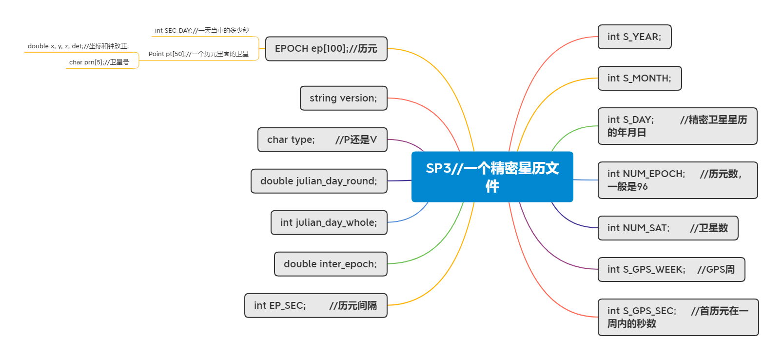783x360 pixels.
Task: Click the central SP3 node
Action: (x=492, y=177)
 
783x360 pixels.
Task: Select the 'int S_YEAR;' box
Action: (x=634, y=37)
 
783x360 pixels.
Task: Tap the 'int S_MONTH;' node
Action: (x=639, y=79)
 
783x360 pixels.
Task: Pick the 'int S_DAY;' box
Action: (x=677, y=126)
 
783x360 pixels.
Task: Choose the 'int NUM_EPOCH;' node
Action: (x=677, y=180)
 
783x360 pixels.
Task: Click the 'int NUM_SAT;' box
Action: (x=667, y=228)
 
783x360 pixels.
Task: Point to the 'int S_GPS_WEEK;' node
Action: (x=671, y=269)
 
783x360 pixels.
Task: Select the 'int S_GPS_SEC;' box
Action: (x=678, y=317)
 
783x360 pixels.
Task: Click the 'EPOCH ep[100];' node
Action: (x=326, y=49)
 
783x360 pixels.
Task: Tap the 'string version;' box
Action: (x=343, y=98)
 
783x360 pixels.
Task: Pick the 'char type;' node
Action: (x=322, y=140)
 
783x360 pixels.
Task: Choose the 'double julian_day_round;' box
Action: (x=319, y=181)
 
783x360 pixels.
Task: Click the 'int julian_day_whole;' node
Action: (x=329, y=222)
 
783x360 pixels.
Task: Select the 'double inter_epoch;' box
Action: (x=330, y=264)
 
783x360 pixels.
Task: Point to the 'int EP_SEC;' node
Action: (x=315, y=305)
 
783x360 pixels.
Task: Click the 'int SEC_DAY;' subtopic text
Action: (x=202, y=31)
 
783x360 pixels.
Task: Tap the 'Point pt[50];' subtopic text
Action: (x=198, y=54)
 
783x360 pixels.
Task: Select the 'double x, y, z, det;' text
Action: (x=78, y=46)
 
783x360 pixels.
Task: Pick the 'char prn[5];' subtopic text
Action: (x=99, y=62)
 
